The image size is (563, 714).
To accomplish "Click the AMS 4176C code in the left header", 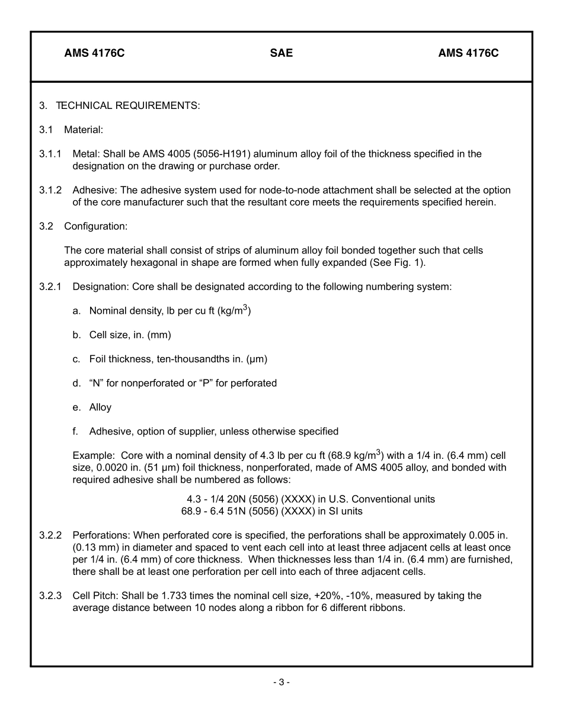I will [94, 53].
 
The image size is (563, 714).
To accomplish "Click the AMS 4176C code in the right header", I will [468, 53].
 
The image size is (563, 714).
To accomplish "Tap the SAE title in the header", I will [281, 53].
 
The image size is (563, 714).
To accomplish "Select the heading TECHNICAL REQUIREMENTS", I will [128, 106].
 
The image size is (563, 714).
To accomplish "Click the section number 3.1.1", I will [50, 154].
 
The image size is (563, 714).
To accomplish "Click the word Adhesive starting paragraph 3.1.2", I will [92, 191].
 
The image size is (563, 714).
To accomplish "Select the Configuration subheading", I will [95, 226].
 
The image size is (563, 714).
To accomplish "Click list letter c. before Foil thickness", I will [76, 359].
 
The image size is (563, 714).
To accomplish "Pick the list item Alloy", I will [100, 407].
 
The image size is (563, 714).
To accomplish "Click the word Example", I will [93, 456].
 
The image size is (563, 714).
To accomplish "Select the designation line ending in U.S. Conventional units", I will [311, 499].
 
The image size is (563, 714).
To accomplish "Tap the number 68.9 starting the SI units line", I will [192, 511].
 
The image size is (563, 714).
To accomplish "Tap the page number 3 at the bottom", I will [281, 682].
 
